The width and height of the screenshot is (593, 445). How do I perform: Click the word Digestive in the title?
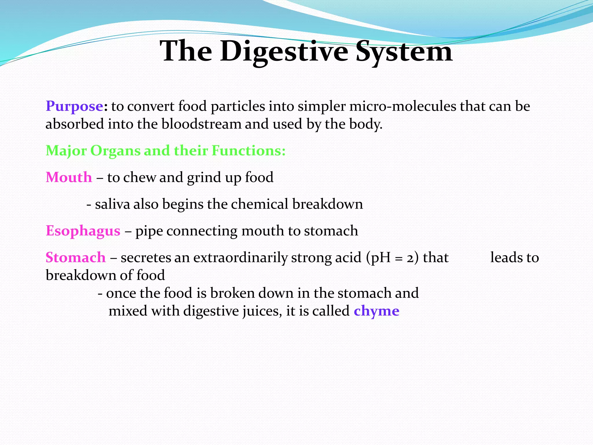point(284,52)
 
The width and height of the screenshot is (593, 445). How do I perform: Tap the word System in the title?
point(404,52)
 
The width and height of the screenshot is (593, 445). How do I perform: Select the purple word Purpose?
point(74,106)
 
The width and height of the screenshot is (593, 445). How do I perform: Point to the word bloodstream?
point(201,124)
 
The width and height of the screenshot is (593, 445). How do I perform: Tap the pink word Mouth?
point(69,177)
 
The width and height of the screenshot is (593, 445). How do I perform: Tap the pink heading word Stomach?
point(76,258)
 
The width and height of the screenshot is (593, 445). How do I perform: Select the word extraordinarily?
point(240,258)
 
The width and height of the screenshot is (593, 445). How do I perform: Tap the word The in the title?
point(186,52)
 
